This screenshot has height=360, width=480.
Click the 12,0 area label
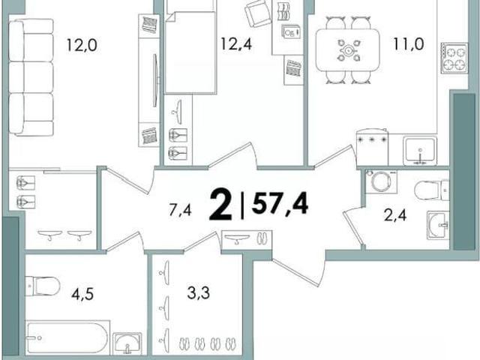tap(82, 46)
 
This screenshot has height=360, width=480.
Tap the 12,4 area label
tap(236, 43)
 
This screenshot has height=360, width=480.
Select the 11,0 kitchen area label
tap(409, 44)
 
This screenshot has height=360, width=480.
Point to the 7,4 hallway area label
tap(180, 210)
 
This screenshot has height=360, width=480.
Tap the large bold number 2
tap(220, 205)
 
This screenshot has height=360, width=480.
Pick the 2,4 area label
tap(395, 215)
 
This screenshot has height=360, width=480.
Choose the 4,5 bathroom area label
tap(82, 294)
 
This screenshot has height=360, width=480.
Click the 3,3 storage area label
tap(198, 293)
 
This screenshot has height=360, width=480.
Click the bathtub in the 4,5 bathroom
tap(67, 337)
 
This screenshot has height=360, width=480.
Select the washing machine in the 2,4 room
tap(381, 181)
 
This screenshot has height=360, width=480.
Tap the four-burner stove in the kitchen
tap(454, 58)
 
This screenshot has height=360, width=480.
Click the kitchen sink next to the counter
tap(420, 151)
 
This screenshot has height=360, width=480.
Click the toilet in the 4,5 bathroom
tap(43, 286)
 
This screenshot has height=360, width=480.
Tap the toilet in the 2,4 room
tap(432, 190)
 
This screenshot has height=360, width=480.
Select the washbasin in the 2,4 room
tap(438, 225)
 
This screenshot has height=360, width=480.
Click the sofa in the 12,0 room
tap(31, 77)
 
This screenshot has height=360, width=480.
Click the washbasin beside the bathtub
tap(127, 343)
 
